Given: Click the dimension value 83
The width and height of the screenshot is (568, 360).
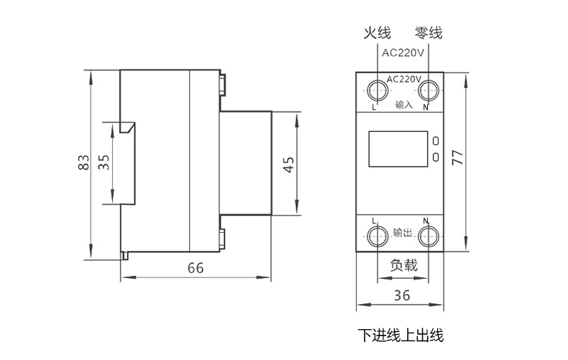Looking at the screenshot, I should click(84, 163).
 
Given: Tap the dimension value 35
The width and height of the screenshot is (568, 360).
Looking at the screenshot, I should click(105, 162).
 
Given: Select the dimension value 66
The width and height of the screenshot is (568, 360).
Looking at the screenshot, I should click(196, 268).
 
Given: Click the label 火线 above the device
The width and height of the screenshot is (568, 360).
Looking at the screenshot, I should click(376, 33).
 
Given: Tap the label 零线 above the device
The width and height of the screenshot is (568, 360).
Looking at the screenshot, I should click(429, 33).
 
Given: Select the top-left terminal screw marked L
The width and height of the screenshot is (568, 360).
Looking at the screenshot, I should click(376, 90).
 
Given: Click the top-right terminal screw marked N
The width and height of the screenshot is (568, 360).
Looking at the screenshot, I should click(429, 90).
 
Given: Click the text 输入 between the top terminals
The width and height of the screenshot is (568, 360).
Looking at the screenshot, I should click(403, 105).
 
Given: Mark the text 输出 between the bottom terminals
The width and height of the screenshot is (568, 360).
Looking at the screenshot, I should click(403, 234).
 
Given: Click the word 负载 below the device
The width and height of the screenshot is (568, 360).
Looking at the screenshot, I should click(403, 265).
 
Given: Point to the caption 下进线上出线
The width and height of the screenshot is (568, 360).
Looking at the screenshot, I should click(401, 335).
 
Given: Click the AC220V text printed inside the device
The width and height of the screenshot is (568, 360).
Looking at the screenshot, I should click(403, 79).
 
